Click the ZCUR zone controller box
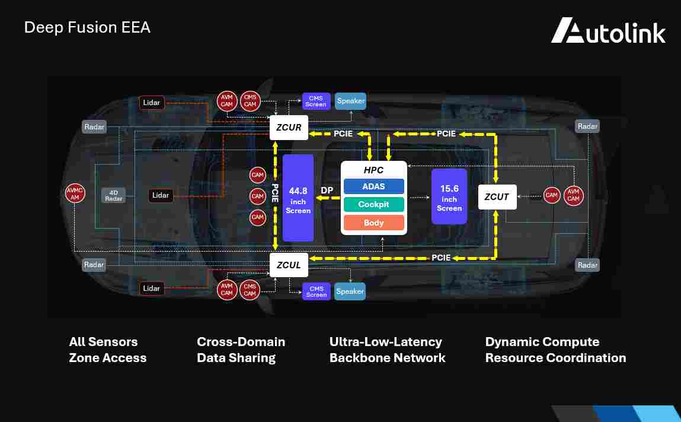(x=289, y=127)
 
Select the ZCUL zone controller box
(x=289, y=265)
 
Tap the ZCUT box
(x=497, y=197)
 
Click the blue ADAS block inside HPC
(x=373, y=186)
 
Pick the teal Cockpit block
(x=373, y=204)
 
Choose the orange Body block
(x=373, y=223)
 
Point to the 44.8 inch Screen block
(x=298, y=198)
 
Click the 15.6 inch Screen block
(x=449, y=196)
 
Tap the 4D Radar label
(x=114, y=195)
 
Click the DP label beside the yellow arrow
(x=327, y=191)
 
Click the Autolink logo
(x=608, y=31)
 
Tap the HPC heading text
(x=373, y=170)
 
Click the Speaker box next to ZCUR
(x=350, y=101)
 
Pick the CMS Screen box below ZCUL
(x=316, y=291)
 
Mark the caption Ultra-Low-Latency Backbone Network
(x=387, y=350)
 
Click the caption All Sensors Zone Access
(x=107, y=350)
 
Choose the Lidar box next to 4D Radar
(x=160, y=195)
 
